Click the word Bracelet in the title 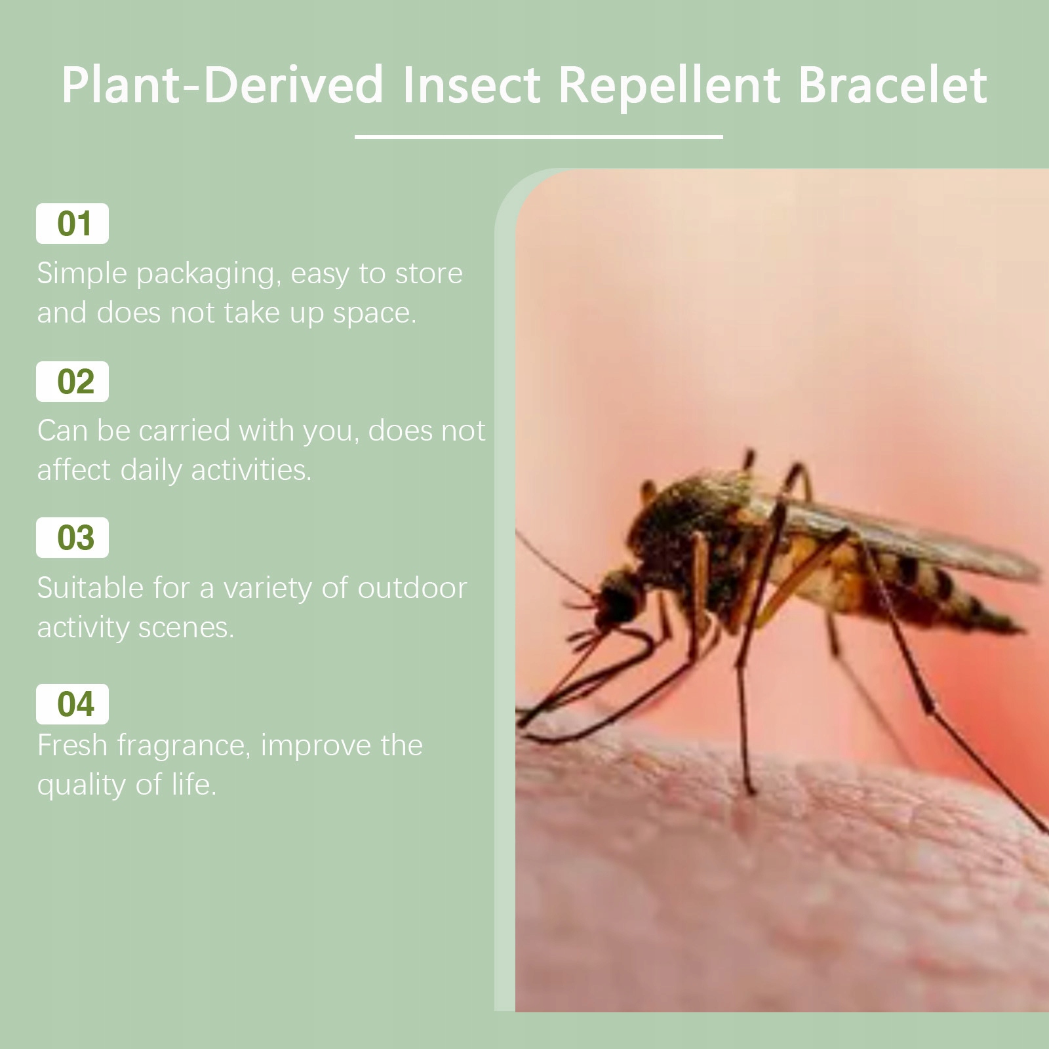click(x=893, y=85)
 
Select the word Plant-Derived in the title click(x=222, y=85)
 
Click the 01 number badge click(x=72, y=224)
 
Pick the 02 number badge click(x=72, y=382)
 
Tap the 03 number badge click(x=72, y=538)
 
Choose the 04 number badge click(x=72, y=704)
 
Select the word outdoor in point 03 click(x=412, y=588)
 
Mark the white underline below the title click(x=539, y=136)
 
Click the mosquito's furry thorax click(x=695, y=524)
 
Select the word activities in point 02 click(x=251, y=470)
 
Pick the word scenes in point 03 click(x=186, y=628)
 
